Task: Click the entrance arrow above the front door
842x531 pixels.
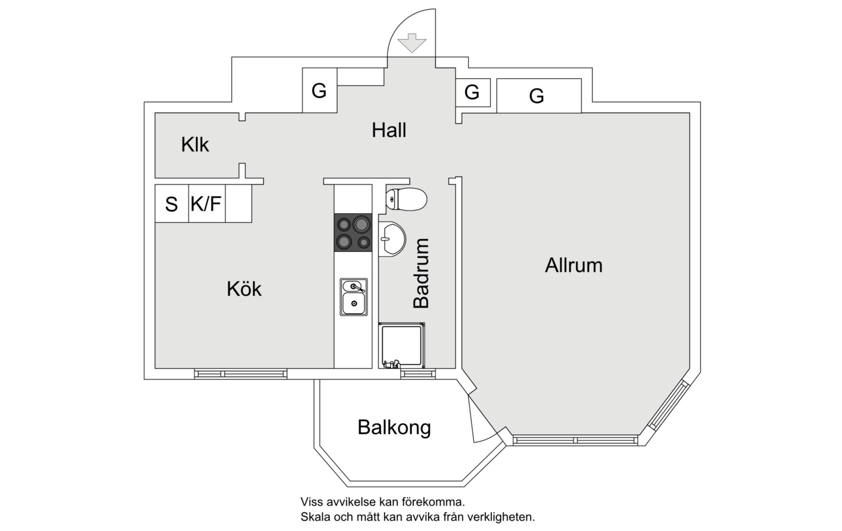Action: coord(412,43)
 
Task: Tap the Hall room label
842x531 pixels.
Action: coord(389,130)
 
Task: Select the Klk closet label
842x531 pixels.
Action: coord(195,145)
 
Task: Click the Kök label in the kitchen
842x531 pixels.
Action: coord(244,289)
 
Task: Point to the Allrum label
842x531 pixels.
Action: coord(573,265)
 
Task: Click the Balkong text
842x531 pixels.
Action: coord(394,427)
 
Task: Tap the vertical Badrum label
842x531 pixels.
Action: coord(421,273)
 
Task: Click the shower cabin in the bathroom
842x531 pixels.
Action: coord(401,345)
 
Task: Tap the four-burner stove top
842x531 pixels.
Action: coord(353,233)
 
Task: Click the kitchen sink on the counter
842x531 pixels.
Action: coord(353,297)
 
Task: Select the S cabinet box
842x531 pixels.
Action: coord(171,204)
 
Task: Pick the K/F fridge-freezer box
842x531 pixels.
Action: coord(206,204)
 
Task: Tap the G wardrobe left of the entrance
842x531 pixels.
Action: coord(319,90)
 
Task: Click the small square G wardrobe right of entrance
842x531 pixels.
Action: coord(472,92)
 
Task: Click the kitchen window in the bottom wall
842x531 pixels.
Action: coord(241,374)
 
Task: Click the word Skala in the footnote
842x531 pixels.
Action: coord(315,517)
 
